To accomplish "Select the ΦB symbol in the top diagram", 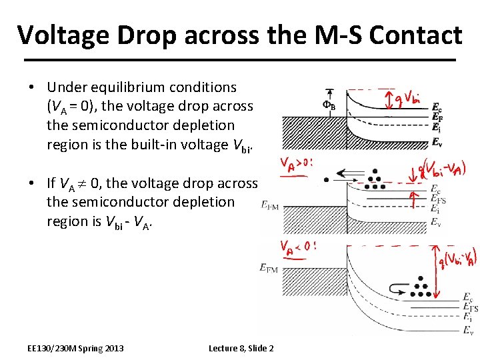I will point(329,105).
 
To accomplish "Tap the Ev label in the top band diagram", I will point(437,142).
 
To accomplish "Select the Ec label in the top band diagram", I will point(436,107).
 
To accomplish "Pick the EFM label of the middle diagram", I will point(270,206).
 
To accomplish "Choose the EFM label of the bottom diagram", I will point(270,267).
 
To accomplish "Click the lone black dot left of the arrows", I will point(325,179).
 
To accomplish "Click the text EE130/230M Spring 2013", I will point(76,349).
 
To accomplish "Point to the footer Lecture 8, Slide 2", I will point(241,349).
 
